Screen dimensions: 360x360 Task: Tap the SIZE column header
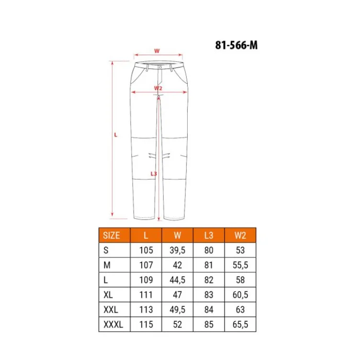112,236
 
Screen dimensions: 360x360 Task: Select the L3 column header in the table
208,236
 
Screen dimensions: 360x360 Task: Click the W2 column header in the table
239,236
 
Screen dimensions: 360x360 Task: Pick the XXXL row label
113,325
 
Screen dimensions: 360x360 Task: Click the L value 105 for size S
146,250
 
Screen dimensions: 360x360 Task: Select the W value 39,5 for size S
177,250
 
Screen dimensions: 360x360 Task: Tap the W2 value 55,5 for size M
239,265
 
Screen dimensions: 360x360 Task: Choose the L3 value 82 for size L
208,280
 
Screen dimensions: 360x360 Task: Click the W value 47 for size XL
177,295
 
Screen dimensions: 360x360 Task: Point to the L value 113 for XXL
146,310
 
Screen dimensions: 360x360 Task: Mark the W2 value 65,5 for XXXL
239,325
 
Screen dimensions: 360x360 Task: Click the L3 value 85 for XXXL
208,325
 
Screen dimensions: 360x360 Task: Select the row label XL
109,295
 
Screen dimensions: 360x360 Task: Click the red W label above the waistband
156,50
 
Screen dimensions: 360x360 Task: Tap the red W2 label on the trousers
158,88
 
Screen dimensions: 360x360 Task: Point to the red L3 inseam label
154,174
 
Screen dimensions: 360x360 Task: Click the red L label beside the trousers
115,135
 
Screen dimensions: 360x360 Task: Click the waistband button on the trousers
160,68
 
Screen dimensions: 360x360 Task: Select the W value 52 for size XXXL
177,325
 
